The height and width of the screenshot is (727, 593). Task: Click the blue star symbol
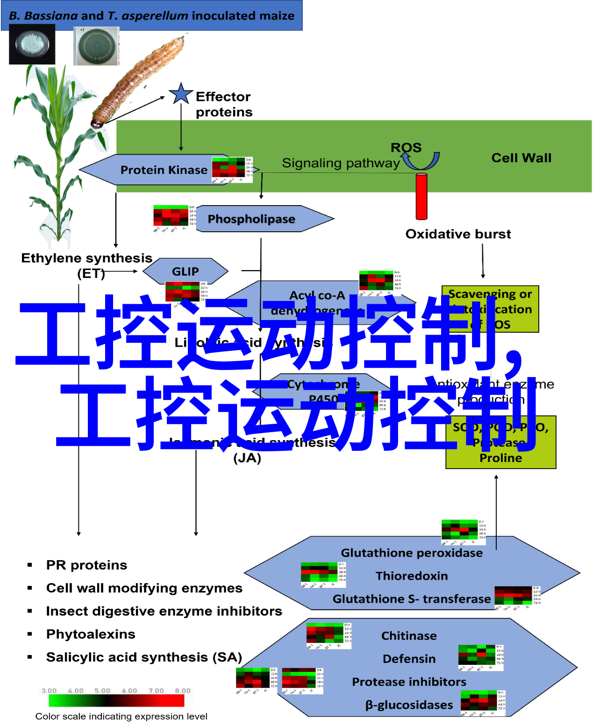[x=181, y=94]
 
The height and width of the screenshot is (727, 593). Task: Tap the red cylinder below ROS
[x=422, y=196]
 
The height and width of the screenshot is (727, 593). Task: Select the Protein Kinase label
[x=164, y=170]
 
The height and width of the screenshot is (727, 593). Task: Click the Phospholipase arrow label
[x=251, y=219]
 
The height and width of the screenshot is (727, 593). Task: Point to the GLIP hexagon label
[x=185, y=271]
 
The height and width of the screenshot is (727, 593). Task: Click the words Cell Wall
[x=521, y=158]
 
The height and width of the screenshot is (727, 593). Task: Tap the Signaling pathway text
[x=341, y=163]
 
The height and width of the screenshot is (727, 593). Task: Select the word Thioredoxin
[x=412, y=576]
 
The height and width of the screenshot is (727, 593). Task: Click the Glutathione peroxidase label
[x=412, y=553]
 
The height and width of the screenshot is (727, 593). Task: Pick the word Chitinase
[x=409, y=636]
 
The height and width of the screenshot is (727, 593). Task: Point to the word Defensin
[x=409, y=659]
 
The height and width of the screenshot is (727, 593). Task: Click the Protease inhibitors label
[x=409, y=682]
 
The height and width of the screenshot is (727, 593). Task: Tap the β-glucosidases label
[x=409, y=705]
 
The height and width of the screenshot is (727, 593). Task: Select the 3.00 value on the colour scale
[x=49, y=691]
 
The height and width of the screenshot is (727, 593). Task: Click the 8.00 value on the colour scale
[x=183, y=691]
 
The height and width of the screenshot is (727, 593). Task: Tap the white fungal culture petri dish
[x=32, y=44]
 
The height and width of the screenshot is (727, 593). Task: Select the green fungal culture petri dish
[x=97, y=46]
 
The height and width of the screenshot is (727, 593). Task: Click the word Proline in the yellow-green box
[x=500, y=458]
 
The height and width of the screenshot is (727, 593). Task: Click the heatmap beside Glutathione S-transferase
[x=516, y=598]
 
